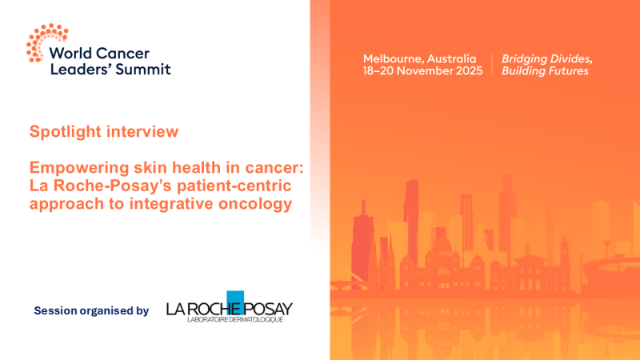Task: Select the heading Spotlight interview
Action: click(x=104, y=130)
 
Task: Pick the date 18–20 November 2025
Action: click(x=422, y=71)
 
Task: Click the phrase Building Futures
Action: click(x=544, y=71)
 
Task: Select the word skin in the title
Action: click(x=132, y=166)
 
